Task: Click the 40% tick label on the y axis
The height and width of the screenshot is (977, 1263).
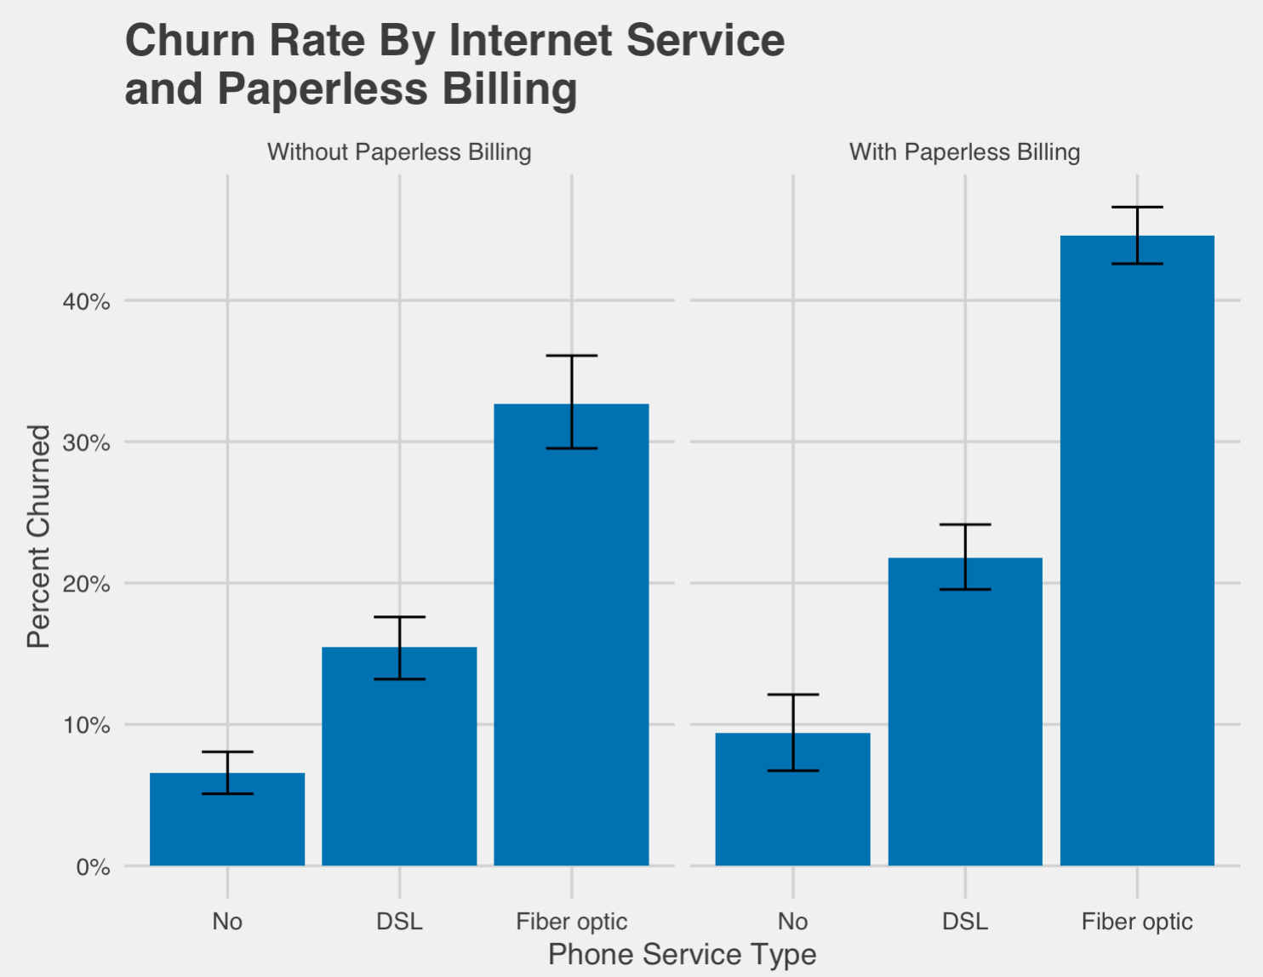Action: (86, 302)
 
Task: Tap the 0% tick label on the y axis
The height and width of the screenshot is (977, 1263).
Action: (92, 868)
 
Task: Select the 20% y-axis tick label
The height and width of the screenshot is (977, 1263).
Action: (86, 585)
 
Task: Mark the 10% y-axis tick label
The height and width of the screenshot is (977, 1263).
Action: (86, 726)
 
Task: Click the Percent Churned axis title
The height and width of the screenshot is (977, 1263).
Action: (39, 536)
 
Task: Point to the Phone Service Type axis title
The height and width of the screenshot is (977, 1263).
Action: (682, 954)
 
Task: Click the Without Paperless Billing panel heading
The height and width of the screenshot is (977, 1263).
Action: (399, 152)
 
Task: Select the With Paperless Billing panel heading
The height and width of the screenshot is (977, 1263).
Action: (964, 152)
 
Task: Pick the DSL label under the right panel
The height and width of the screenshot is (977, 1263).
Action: (965, 922)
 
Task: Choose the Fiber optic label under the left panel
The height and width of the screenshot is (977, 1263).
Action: (571, 922)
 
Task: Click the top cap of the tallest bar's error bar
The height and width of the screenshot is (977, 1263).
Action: (1137, 208)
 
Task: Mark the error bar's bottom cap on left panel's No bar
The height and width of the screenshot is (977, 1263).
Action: (227, 794)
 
